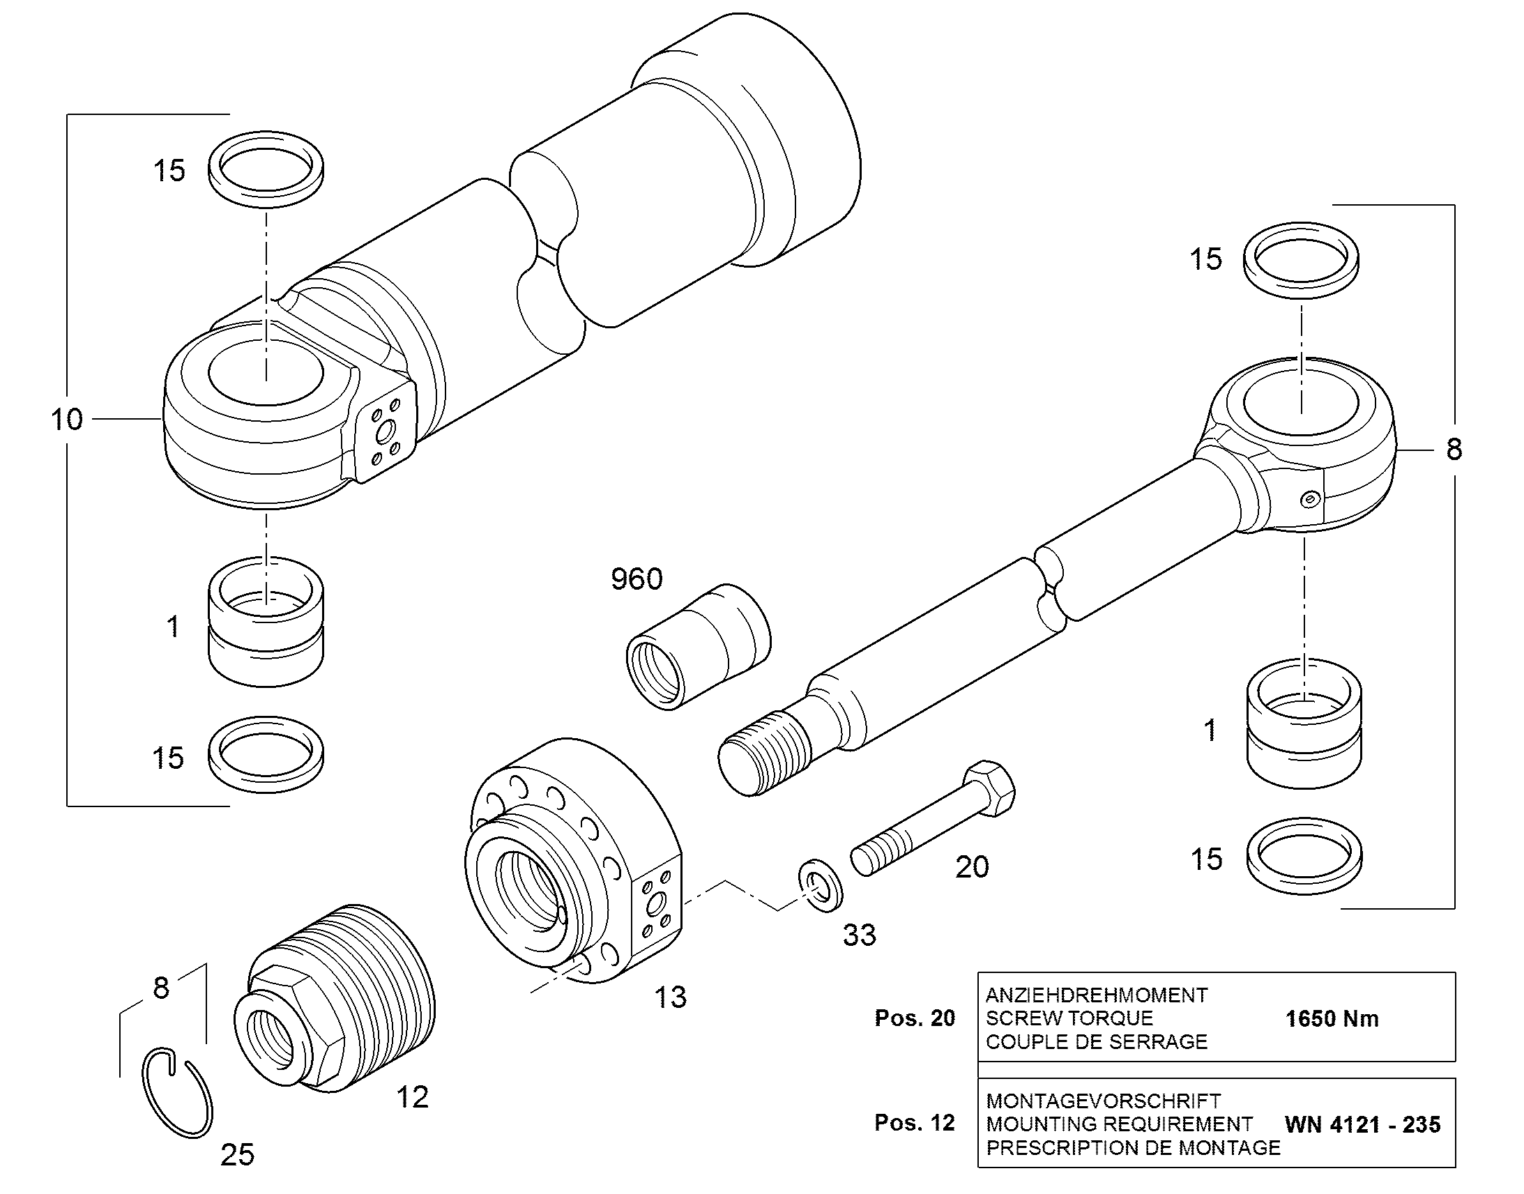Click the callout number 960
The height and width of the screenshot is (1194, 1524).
coord(637,579)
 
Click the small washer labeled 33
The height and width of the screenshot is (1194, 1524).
coord(821,887)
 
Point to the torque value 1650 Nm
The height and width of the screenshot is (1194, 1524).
coord(1332,1018)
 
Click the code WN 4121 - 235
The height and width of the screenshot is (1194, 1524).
coord(1362,1125)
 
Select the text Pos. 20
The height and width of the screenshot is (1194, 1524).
coord(915,1018)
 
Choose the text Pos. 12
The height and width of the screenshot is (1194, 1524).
coord(915,1123)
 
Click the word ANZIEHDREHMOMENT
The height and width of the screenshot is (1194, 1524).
coord(1097,995)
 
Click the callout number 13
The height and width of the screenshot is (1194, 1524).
coord(671,997)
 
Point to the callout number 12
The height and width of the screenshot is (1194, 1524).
coord(413,1098)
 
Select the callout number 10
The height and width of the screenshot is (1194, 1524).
coord(67,420)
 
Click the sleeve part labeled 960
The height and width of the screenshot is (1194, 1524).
coord(698,647)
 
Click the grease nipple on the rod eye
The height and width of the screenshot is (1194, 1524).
coord(1309,499)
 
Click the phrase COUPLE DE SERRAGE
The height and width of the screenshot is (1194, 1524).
coord(1097,1041)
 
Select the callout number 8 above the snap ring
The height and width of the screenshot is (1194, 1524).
coord(162,988)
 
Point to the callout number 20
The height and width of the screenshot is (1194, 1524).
coord(972,867)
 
